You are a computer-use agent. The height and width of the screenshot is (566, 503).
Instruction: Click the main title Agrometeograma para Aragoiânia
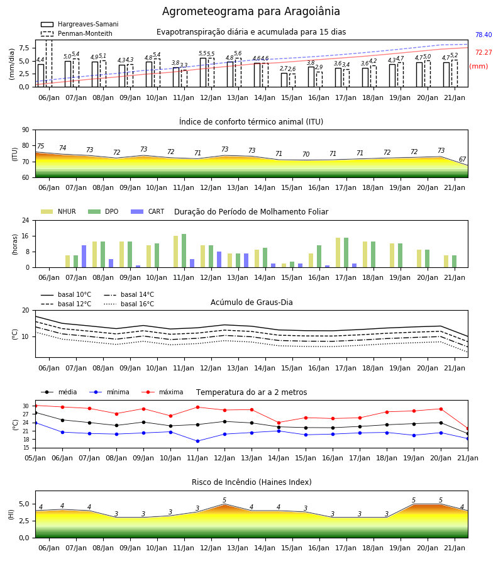[x=251, y=11]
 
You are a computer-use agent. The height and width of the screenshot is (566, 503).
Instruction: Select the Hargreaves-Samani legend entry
[x=79, y=24]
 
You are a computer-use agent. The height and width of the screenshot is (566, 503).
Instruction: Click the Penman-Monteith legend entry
[x=77, y=33]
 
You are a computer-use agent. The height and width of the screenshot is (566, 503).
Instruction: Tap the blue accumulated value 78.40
[x=484, y=35]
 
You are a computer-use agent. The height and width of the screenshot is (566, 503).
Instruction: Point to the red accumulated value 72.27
[x=484, y=52]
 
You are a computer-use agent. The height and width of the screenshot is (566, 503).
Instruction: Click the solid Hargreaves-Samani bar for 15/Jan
[x=284, y=80]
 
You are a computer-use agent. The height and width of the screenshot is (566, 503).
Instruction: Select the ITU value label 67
[x=462, y=159]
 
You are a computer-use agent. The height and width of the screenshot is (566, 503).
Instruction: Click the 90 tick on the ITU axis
[x=25, y=130]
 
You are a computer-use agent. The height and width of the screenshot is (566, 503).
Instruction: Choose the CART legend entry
[x=147, y=211]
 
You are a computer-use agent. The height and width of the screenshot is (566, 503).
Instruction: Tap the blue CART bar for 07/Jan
[x=84, y=257]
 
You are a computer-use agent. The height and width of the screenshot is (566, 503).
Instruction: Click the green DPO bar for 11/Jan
[x=184, y=251]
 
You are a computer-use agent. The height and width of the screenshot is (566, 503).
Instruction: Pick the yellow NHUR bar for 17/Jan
[x=338, y=253]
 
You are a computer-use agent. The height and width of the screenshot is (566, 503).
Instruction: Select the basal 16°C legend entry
[x=129, y=304]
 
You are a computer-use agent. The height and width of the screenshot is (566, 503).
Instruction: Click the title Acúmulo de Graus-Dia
[x=251, y=302]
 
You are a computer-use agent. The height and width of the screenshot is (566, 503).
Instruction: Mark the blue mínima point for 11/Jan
[x=197, y=441]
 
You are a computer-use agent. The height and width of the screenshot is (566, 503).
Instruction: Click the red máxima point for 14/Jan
[x=279, y=423]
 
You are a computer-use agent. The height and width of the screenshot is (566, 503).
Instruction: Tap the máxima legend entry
[x=162, y=392]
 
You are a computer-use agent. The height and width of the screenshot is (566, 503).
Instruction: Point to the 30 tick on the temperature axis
[x=26, y=406]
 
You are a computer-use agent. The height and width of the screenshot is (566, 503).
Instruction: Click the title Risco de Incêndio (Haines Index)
[x=251, y=482]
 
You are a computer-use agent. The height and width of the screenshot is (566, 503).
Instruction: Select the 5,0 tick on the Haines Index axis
[x=24, y=504]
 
